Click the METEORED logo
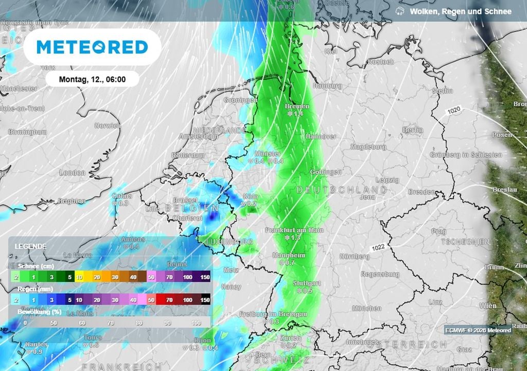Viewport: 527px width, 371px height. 93,47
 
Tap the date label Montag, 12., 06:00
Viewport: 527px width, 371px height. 92,79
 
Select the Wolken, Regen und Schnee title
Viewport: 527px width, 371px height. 460,11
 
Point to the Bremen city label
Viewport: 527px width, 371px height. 297,106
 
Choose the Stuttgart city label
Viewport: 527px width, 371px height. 306,283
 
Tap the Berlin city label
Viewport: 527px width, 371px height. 412,130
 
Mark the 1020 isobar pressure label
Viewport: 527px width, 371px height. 453,111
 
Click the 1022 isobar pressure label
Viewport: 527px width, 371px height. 377,247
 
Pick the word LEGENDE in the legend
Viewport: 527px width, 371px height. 30,246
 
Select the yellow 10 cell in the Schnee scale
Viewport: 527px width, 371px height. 79,277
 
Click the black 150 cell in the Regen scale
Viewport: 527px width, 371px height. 205,299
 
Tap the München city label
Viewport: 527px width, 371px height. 366,308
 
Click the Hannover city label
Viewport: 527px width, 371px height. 321,137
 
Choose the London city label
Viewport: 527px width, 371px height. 72,173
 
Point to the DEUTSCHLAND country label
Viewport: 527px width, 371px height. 342,190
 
